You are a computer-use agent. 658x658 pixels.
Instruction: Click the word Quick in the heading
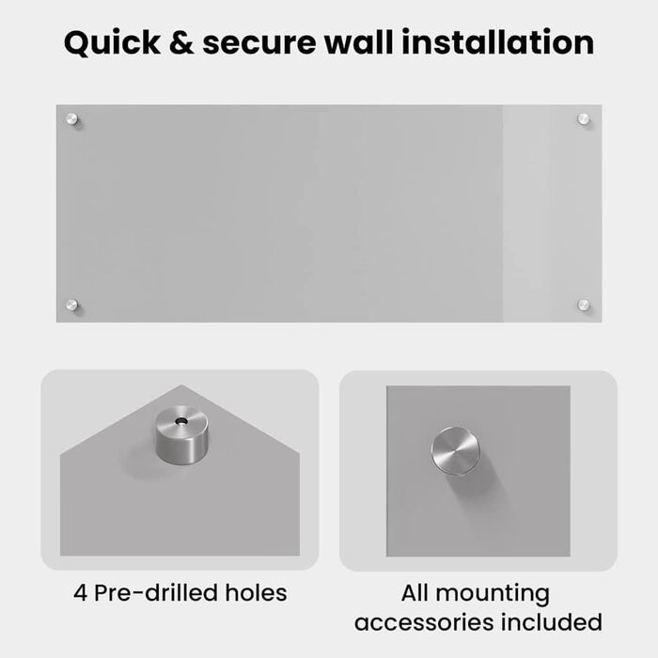coord(112,43)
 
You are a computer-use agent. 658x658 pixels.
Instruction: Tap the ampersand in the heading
coord(181,43)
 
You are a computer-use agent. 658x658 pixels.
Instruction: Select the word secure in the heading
coord(258,43)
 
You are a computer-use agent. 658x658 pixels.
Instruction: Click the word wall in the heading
coord(359,42)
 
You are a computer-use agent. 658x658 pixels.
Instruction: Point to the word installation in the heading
coord(498,42)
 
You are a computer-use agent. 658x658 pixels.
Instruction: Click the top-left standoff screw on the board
coord(71,119)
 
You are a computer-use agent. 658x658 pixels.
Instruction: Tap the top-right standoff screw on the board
coord(584,119)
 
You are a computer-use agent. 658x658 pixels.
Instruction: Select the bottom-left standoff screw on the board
coord(71,305)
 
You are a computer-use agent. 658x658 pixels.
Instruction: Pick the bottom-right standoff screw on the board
coord(584,305)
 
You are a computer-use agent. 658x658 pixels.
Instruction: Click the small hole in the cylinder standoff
coord(181,420)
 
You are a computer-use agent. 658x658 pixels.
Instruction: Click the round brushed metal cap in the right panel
coord(455,451)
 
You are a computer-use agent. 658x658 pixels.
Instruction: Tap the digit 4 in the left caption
coord(80,593)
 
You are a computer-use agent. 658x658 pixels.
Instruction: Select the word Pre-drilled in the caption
coord(156,592)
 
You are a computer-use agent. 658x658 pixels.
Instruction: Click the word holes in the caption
coord(256,592)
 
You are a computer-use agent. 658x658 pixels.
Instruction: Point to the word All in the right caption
coord(415,592)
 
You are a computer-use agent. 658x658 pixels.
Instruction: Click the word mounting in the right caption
coord(493,595)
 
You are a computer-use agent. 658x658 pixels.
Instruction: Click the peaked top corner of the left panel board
coord(181,385)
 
